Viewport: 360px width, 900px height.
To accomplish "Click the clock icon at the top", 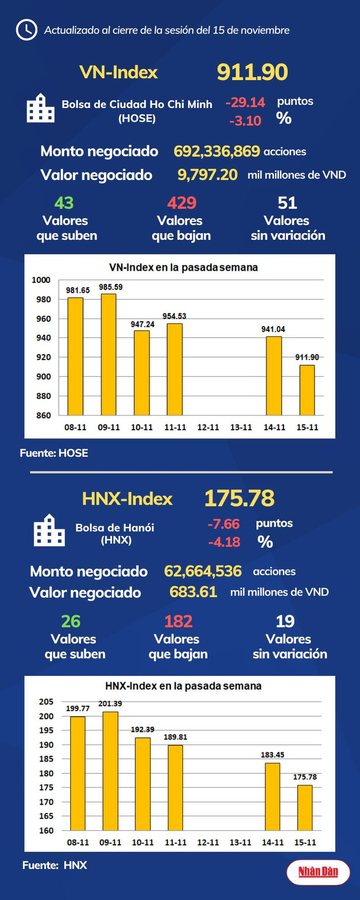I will pyautogui.click(x=26, y=30).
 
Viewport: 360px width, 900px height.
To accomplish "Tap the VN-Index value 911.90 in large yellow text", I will pyautogui.click(x=252, y=72).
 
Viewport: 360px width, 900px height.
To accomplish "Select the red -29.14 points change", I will pyautogui.click(x=245, y=103).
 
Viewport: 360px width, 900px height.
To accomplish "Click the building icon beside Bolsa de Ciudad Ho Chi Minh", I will pyautogui.click(x=41, y=108).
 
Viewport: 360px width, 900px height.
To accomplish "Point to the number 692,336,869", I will pyautogui.click(x=216, y=151).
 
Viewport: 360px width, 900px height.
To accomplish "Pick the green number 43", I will pyautogui.click(x=64, y=203).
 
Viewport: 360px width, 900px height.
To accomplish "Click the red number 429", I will pyautogui.click(x=181, y=203).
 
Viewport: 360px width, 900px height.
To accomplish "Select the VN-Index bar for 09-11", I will pyautogui.click(x=108, y=355).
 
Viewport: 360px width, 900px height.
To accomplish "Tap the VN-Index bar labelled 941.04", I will pyautogui.click(x=274, y=376).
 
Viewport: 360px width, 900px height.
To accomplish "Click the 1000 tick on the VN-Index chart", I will pyautogui.click(x=41, y=280).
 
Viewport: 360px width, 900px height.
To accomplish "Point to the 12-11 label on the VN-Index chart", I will pyautogui.click(x=208, y=427).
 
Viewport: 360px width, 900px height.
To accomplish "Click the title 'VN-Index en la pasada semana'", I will pyautogui.click(x=183, y=267).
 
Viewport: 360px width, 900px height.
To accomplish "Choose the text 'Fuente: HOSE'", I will pyautogui.click(x=54, y=453).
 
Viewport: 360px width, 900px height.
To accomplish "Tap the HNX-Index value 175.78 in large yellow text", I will pyautogui.click(x=239, y=498).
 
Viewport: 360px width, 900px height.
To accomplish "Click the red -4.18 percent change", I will pyautogui.click(x=224, y=542).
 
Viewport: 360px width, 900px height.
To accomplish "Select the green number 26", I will pyautogui.click(x=71, y=621).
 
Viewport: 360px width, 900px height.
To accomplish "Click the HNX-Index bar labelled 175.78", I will pyautogui.click(x=305, y=807).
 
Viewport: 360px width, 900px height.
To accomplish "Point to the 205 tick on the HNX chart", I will pyautogui.click(x=46, y=702).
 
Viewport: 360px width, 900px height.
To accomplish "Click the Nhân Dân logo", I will pyautogui.click(x=318, y=872).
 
